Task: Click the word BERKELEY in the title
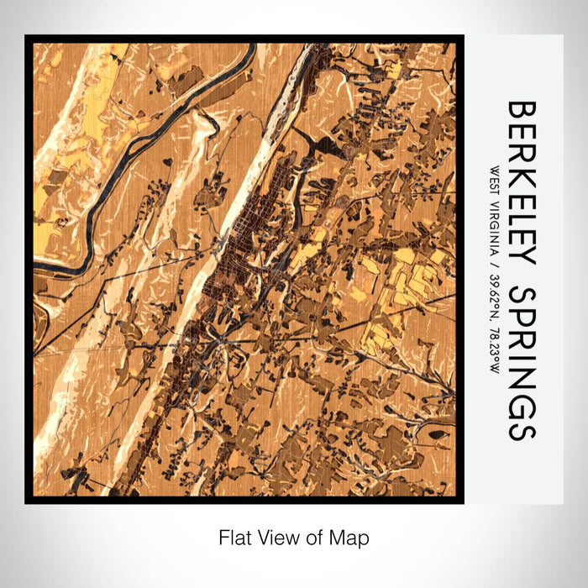click(x=521, y=184)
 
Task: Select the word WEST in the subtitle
click(x=491, y=181)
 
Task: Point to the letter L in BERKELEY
click(x=521, y=218)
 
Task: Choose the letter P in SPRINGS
click(x=521, y=315)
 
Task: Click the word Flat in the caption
click(x=233, y=537)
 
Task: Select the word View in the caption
click(x=272, y=537)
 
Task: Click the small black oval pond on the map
click(x=437, y=434)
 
